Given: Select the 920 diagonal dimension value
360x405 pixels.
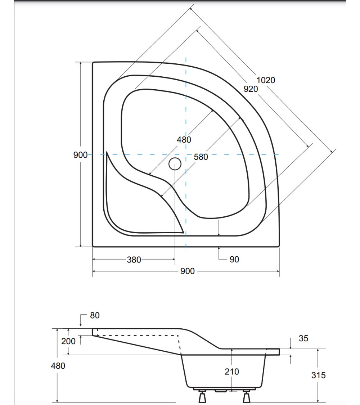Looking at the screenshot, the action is pyautogui.click(x=251, y=89).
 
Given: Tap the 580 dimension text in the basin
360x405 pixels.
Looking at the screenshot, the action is pyautogui.click(x=201, y=157).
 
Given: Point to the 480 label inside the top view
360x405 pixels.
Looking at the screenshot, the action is pyautogui.click(x=184, y=139).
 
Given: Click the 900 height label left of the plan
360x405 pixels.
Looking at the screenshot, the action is pyautogui.click(x=80, y=155).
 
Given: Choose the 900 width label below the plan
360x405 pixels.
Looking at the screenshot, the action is pyautogui.click(x=187, y=271).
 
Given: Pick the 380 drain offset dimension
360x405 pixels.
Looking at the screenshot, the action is pyautogui.click(x=134, y=260).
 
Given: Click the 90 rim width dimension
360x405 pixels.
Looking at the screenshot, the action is pyautogui.click(x=234, y=259).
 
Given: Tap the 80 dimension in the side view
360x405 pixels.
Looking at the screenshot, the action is pyautogui.click(x=95, y=315).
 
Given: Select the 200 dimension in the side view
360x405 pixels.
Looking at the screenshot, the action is pyautogui.click(x=68, y=341).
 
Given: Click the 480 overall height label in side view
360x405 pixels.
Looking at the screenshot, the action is pyautogui.click(x=58, y=366).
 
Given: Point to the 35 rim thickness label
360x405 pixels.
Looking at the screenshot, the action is pyautogui.click(x=303, y=338).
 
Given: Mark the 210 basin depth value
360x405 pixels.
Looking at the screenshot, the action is pyautogui.click(x=231, y=372).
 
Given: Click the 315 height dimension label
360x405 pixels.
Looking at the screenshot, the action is pyautogui.click(x=319, y=375).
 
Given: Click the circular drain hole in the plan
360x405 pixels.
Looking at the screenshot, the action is pyautogui.click(x=175, y=164).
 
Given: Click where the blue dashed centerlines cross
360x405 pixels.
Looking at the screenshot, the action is pyautogui.click(x=186, y=154).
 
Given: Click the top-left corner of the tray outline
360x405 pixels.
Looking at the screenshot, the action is pyautogui.click(x=93, y=63).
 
